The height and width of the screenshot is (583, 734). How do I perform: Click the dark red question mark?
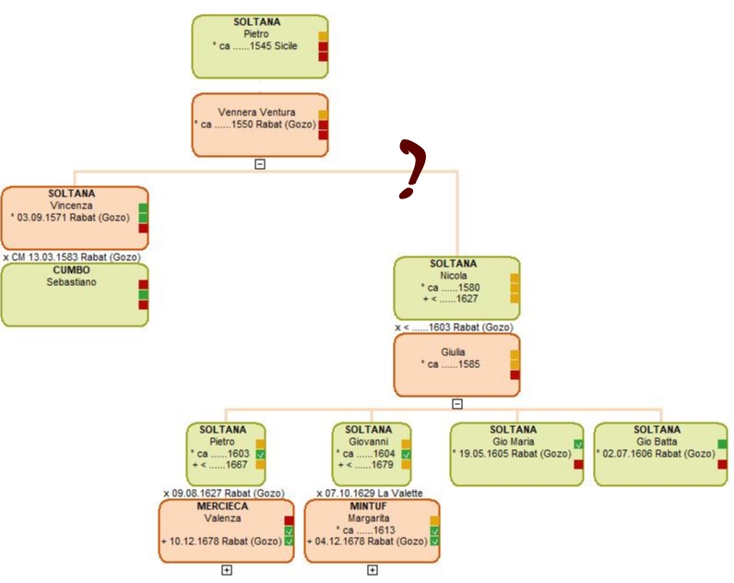pos(412,168)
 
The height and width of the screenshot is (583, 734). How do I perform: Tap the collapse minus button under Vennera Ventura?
pos(260,164)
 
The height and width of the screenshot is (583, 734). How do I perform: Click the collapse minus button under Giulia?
pos(457,403)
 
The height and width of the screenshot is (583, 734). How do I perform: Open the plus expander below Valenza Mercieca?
pos(227,570)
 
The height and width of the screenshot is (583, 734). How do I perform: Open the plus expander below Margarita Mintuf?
pos(373,570)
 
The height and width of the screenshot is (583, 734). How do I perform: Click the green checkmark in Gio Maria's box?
pos(578,444)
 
